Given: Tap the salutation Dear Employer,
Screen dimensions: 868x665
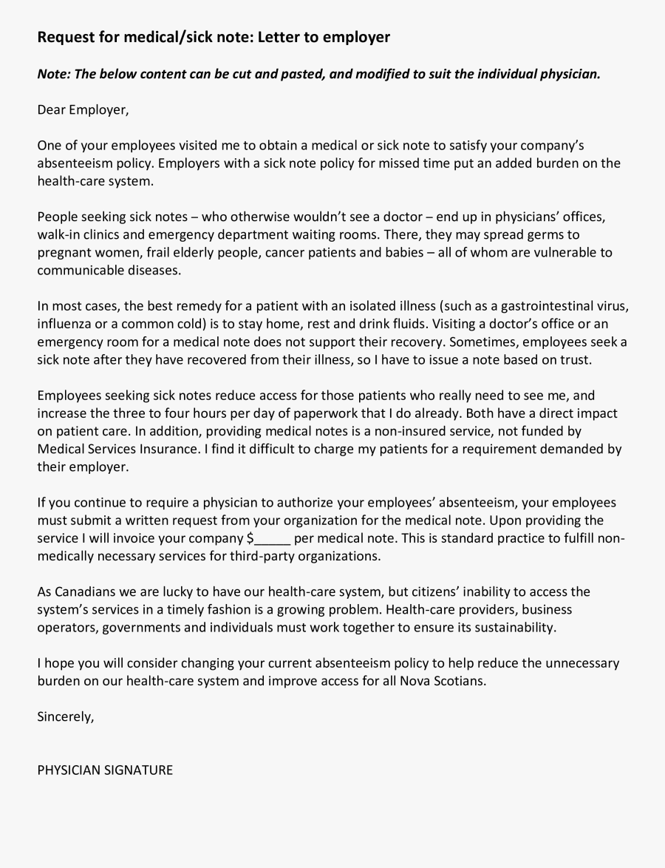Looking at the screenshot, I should pos(83,110).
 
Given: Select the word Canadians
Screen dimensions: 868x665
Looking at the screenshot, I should pos(87,592).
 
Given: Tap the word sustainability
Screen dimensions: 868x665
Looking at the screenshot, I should pos(506,628).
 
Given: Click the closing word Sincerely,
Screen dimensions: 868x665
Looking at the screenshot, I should pos(66,716).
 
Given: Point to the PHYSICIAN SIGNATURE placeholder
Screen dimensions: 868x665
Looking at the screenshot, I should pos(105,770).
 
